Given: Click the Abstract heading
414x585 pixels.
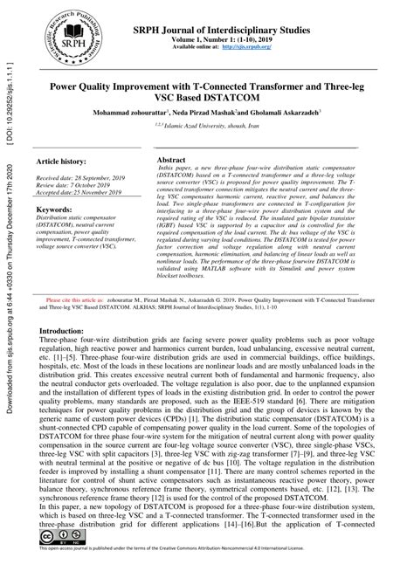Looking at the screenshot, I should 171,162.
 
